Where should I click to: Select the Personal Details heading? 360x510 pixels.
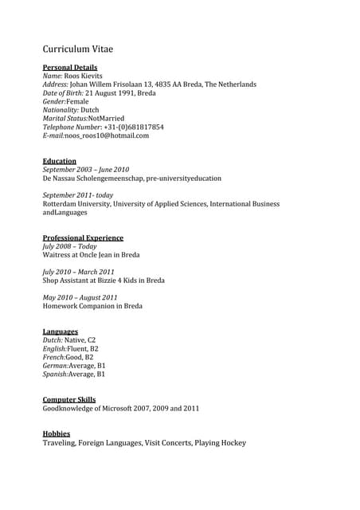[x=70, y=68]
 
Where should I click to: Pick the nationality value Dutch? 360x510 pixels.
[x=90, y=110]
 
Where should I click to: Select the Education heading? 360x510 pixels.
[x=59, y=161]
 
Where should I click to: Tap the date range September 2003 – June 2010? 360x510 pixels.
[x=85, y=170]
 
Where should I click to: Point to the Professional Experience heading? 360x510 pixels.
[x=83, y=238]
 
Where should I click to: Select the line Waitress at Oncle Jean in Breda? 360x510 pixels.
[x=91, y=255]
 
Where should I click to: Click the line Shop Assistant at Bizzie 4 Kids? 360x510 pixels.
[x=104, y=280]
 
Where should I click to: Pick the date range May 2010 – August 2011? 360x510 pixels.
[x=80, y=298]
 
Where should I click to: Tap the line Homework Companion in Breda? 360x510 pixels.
[x=92, y=306]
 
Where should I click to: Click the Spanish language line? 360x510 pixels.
[x=74, y=374]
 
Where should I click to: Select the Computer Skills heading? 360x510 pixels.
[x=68, y=400]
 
